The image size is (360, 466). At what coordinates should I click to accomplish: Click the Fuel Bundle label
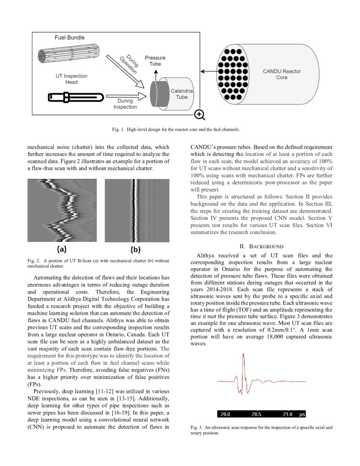(x=69, y=38)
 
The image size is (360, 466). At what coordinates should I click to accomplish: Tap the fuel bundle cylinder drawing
(x=68, y=55)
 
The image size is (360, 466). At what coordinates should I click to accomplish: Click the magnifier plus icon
(x=199, y=114)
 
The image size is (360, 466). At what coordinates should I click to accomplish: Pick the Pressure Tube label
(x=155, y=61)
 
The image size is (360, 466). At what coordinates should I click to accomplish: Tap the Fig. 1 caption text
(x=180, y=129)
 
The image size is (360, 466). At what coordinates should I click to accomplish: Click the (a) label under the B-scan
(x=61, y=250)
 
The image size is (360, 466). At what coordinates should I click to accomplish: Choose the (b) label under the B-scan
(x=136, y=250)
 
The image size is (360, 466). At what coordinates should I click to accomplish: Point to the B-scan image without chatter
(x=137, y=210)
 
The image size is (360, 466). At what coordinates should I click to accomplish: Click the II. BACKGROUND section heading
(x=261, y=246)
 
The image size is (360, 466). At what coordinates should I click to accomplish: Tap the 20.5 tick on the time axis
(x=257, y=414)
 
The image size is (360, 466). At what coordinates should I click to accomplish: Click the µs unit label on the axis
(x=302, y=414)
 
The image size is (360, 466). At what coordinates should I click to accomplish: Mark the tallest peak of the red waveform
(x=244, y=355)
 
